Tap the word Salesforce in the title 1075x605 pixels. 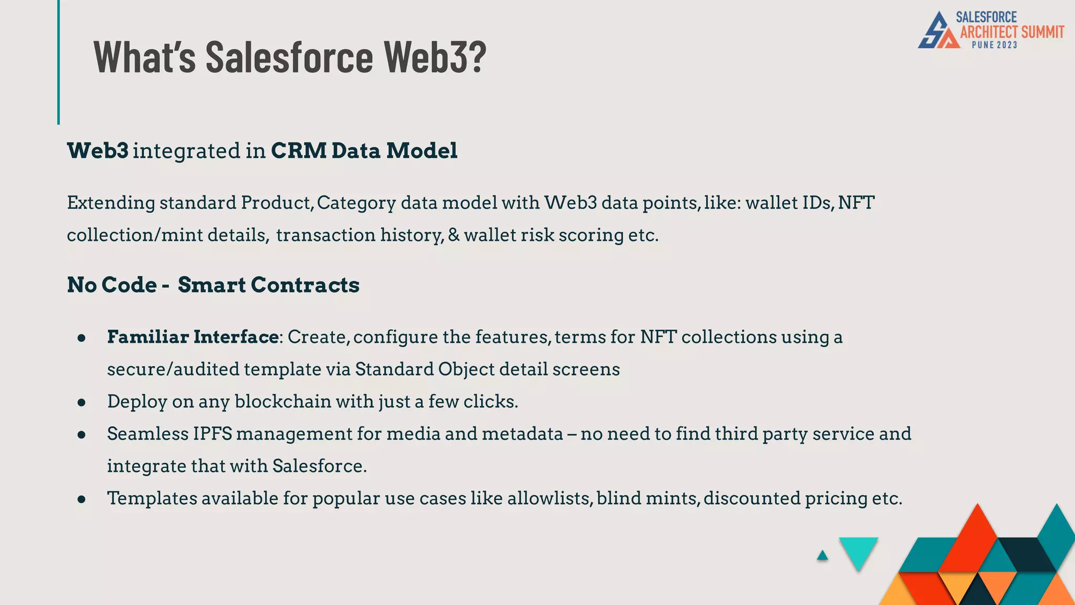tap(289, 56)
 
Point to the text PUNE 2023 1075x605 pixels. tap(994, 45)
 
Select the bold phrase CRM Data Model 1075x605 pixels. tap(364, 151)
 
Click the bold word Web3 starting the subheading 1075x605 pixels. tap(98, 151)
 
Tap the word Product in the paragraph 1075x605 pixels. tap(276, 203)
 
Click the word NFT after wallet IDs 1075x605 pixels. tap(856, 203)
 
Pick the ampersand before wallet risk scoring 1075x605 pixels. tap(454, 235)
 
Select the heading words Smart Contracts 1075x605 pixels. tap(268, 285)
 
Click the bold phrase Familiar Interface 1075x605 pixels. tap(193, 337)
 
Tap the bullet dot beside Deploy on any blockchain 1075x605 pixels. tap(81, 403)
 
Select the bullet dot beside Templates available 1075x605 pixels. tap(81, 499)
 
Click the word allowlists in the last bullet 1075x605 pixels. tap(550, 498)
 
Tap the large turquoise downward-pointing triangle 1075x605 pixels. tap(858, 551)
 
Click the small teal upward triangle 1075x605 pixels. tap(823, 556)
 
